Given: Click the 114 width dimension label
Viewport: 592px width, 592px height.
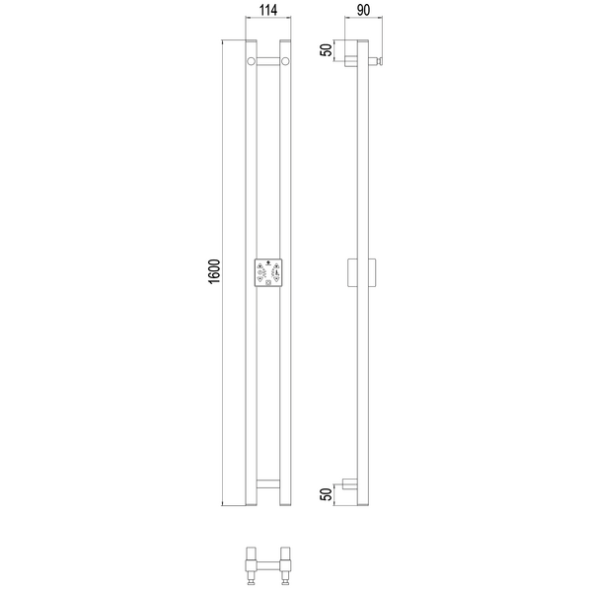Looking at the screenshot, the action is pyautogui.click(x=268, y=10).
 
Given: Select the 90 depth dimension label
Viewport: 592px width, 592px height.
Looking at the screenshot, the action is pyautogui.click(x=363, y=10).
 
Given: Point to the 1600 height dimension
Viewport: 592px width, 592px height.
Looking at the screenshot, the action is pyautogui.click(x=214, y=272).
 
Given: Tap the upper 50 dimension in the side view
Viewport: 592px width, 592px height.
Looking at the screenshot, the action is pyautogui.click(x=327, y=49).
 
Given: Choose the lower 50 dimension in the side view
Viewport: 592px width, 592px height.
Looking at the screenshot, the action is pyautogui.click(x=327, y=494).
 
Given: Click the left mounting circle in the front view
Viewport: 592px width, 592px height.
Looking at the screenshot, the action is pyautogui.click(x=251, y=61).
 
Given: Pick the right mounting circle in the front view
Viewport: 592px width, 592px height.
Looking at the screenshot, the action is pyautogui.click(x=285, y=61).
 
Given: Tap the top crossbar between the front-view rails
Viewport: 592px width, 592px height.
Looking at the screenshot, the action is pyautogui.click(x=268, y=61).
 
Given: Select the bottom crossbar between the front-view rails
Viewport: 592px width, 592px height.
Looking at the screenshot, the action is pyautogui.click(x=268, y=484).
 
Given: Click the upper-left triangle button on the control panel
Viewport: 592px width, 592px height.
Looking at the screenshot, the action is pyautogui.click(x=259, y=265).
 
